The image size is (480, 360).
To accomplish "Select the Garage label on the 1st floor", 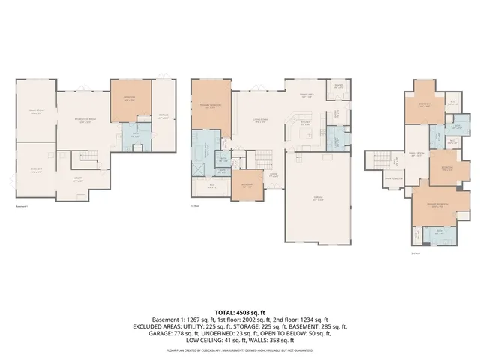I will (x=318, y=199).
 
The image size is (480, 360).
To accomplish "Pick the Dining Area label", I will (x=306, y=95).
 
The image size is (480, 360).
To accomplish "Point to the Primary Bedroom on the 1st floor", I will (x=210, y=106).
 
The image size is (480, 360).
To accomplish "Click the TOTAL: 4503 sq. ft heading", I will (x=240, y=310).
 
